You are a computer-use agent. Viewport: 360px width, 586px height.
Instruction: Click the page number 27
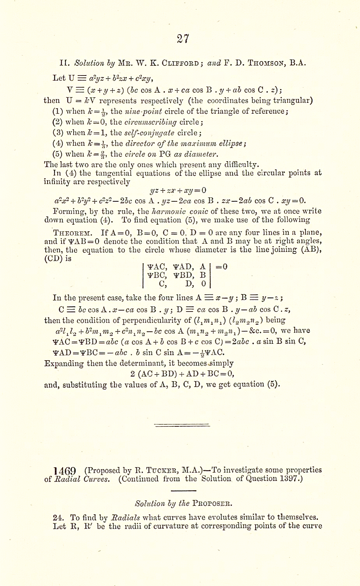183,39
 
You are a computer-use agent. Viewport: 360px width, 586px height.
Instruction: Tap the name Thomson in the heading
265,63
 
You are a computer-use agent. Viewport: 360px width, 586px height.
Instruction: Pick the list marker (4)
58,143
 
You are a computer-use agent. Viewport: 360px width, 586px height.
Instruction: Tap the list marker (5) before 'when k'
58,154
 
